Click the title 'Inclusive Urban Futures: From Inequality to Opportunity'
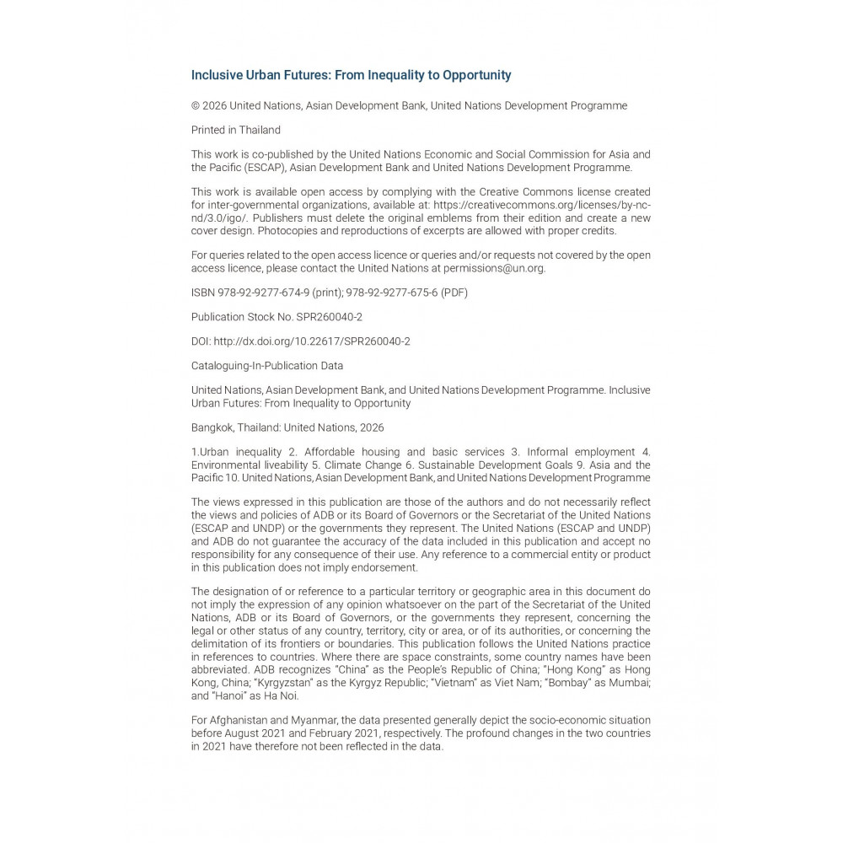point(351,75)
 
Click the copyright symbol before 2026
point(196,106)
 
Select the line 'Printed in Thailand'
point(236,131)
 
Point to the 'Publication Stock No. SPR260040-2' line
point(277,317)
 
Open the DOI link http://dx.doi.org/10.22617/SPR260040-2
point(312,341)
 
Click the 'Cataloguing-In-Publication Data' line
point(267,366)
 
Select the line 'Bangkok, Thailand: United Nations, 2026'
point(287,427)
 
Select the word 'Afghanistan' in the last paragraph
point(239,721)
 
